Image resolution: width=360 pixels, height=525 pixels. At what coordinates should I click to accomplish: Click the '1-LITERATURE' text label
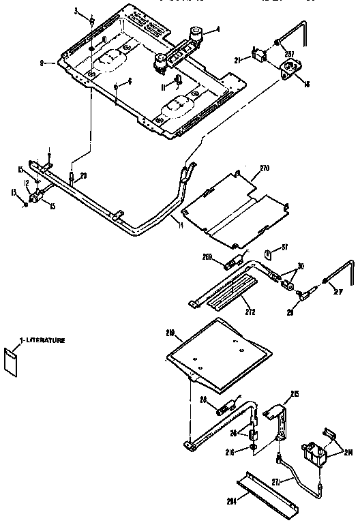[42, 339]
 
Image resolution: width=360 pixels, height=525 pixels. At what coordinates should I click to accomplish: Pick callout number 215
[295, 394]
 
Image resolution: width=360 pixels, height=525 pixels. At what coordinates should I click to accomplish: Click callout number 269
[207, 257]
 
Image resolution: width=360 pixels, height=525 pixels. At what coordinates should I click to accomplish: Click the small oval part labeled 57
[269, 254]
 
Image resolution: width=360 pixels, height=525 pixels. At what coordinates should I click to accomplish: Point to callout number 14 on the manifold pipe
[179, 224]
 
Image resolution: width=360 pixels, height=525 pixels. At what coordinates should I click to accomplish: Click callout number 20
[83, 176]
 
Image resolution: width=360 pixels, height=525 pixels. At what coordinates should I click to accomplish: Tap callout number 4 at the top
[217, 29]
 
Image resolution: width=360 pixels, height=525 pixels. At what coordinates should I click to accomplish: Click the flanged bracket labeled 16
[292, 69]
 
